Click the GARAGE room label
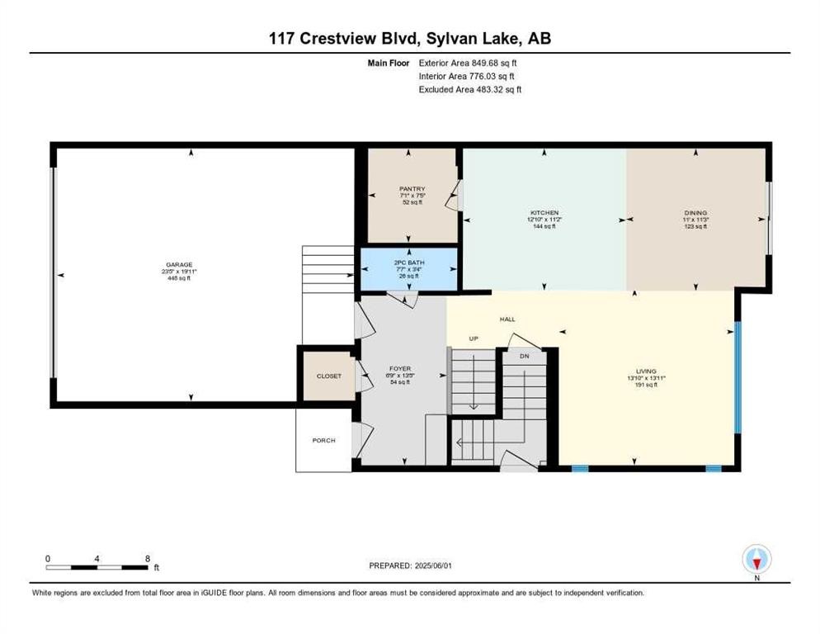tap(173, 266)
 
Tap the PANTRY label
tap(410, 189)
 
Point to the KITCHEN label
tap(544, 212)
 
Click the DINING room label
tap(695, 212)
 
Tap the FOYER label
tap(399, 369)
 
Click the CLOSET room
tap(327, 376)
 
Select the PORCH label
tap(323, 440)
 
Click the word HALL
tap(507, 319)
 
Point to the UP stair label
tap(474, 338)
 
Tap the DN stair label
tap(524, 357)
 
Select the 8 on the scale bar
tap(147, 559)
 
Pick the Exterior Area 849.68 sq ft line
tap(470, 62)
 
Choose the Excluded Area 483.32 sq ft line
tap(470, 89)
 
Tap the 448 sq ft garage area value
tap(173, 279)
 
